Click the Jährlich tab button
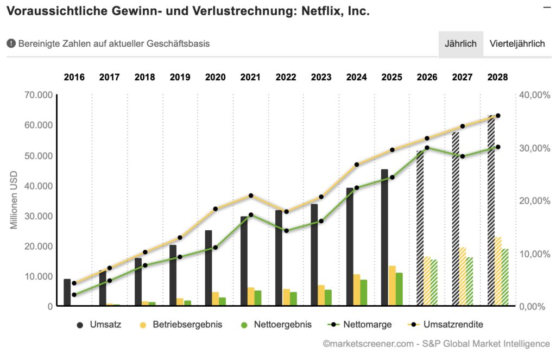[460, 44]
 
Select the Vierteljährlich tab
[517, 44]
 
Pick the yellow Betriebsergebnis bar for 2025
[392, 286]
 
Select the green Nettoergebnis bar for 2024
[364, 293]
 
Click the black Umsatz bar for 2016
[67, 293]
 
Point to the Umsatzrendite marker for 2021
[251, 195]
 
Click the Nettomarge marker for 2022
[286, 231]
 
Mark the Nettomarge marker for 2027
[463, 156]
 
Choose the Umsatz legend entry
[99, 325]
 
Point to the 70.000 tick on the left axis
[39, 95]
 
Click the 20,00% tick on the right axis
[532, 201]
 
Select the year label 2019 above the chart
[180, 77]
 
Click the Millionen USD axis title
[15, 200]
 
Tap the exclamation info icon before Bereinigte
[11, 44]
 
